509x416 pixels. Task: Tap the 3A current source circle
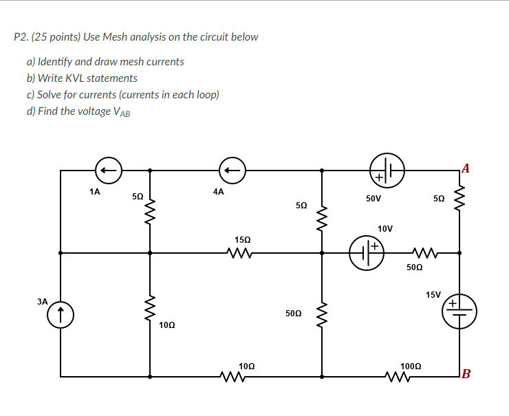(x=61, y=315)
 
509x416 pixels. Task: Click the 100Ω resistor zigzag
(x=398, y=376)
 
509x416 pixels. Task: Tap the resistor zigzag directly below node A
(x=459, y=199)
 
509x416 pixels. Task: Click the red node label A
(x=466, y=168)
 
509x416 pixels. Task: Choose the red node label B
(x=466, y=374)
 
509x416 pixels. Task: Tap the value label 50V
(x=373, y=198)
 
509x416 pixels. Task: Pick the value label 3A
(x=43, y=301)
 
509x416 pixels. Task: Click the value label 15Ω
(x=242, y=240)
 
